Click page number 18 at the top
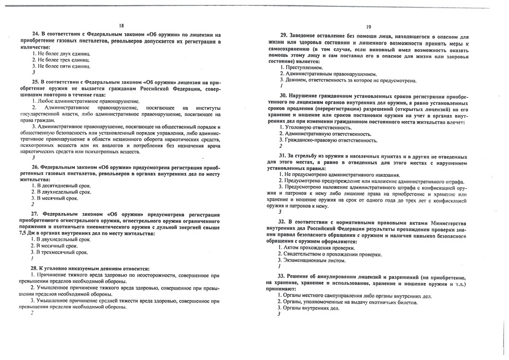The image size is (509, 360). coord(121,25)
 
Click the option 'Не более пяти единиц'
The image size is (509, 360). coord(61,66)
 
